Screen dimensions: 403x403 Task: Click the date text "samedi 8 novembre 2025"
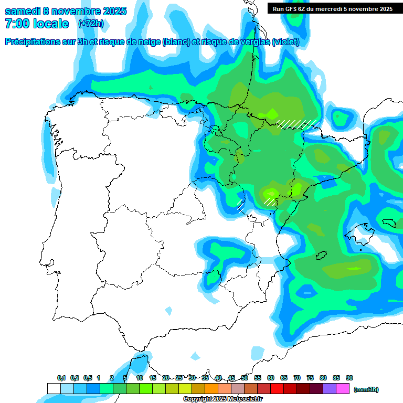66,11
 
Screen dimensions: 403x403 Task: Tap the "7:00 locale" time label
37,24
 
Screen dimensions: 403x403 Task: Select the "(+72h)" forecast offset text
91,24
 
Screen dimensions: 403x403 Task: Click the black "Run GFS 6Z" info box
333,8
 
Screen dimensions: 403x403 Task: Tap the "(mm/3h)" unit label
366,389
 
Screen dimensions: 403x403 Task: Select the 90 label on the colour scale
349,378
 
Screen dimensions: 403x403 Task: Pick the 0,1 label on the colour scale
61,378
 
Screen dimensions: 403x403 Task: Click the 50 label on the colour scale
245,378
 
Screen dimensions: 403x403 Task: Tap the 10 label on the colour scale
140,378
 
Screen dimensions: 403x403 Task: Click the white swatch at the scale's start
54,389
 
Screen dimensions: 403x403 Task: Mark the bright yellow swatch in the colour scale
185,389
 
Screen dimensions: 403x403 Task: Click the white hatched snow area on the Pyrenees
297,124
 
